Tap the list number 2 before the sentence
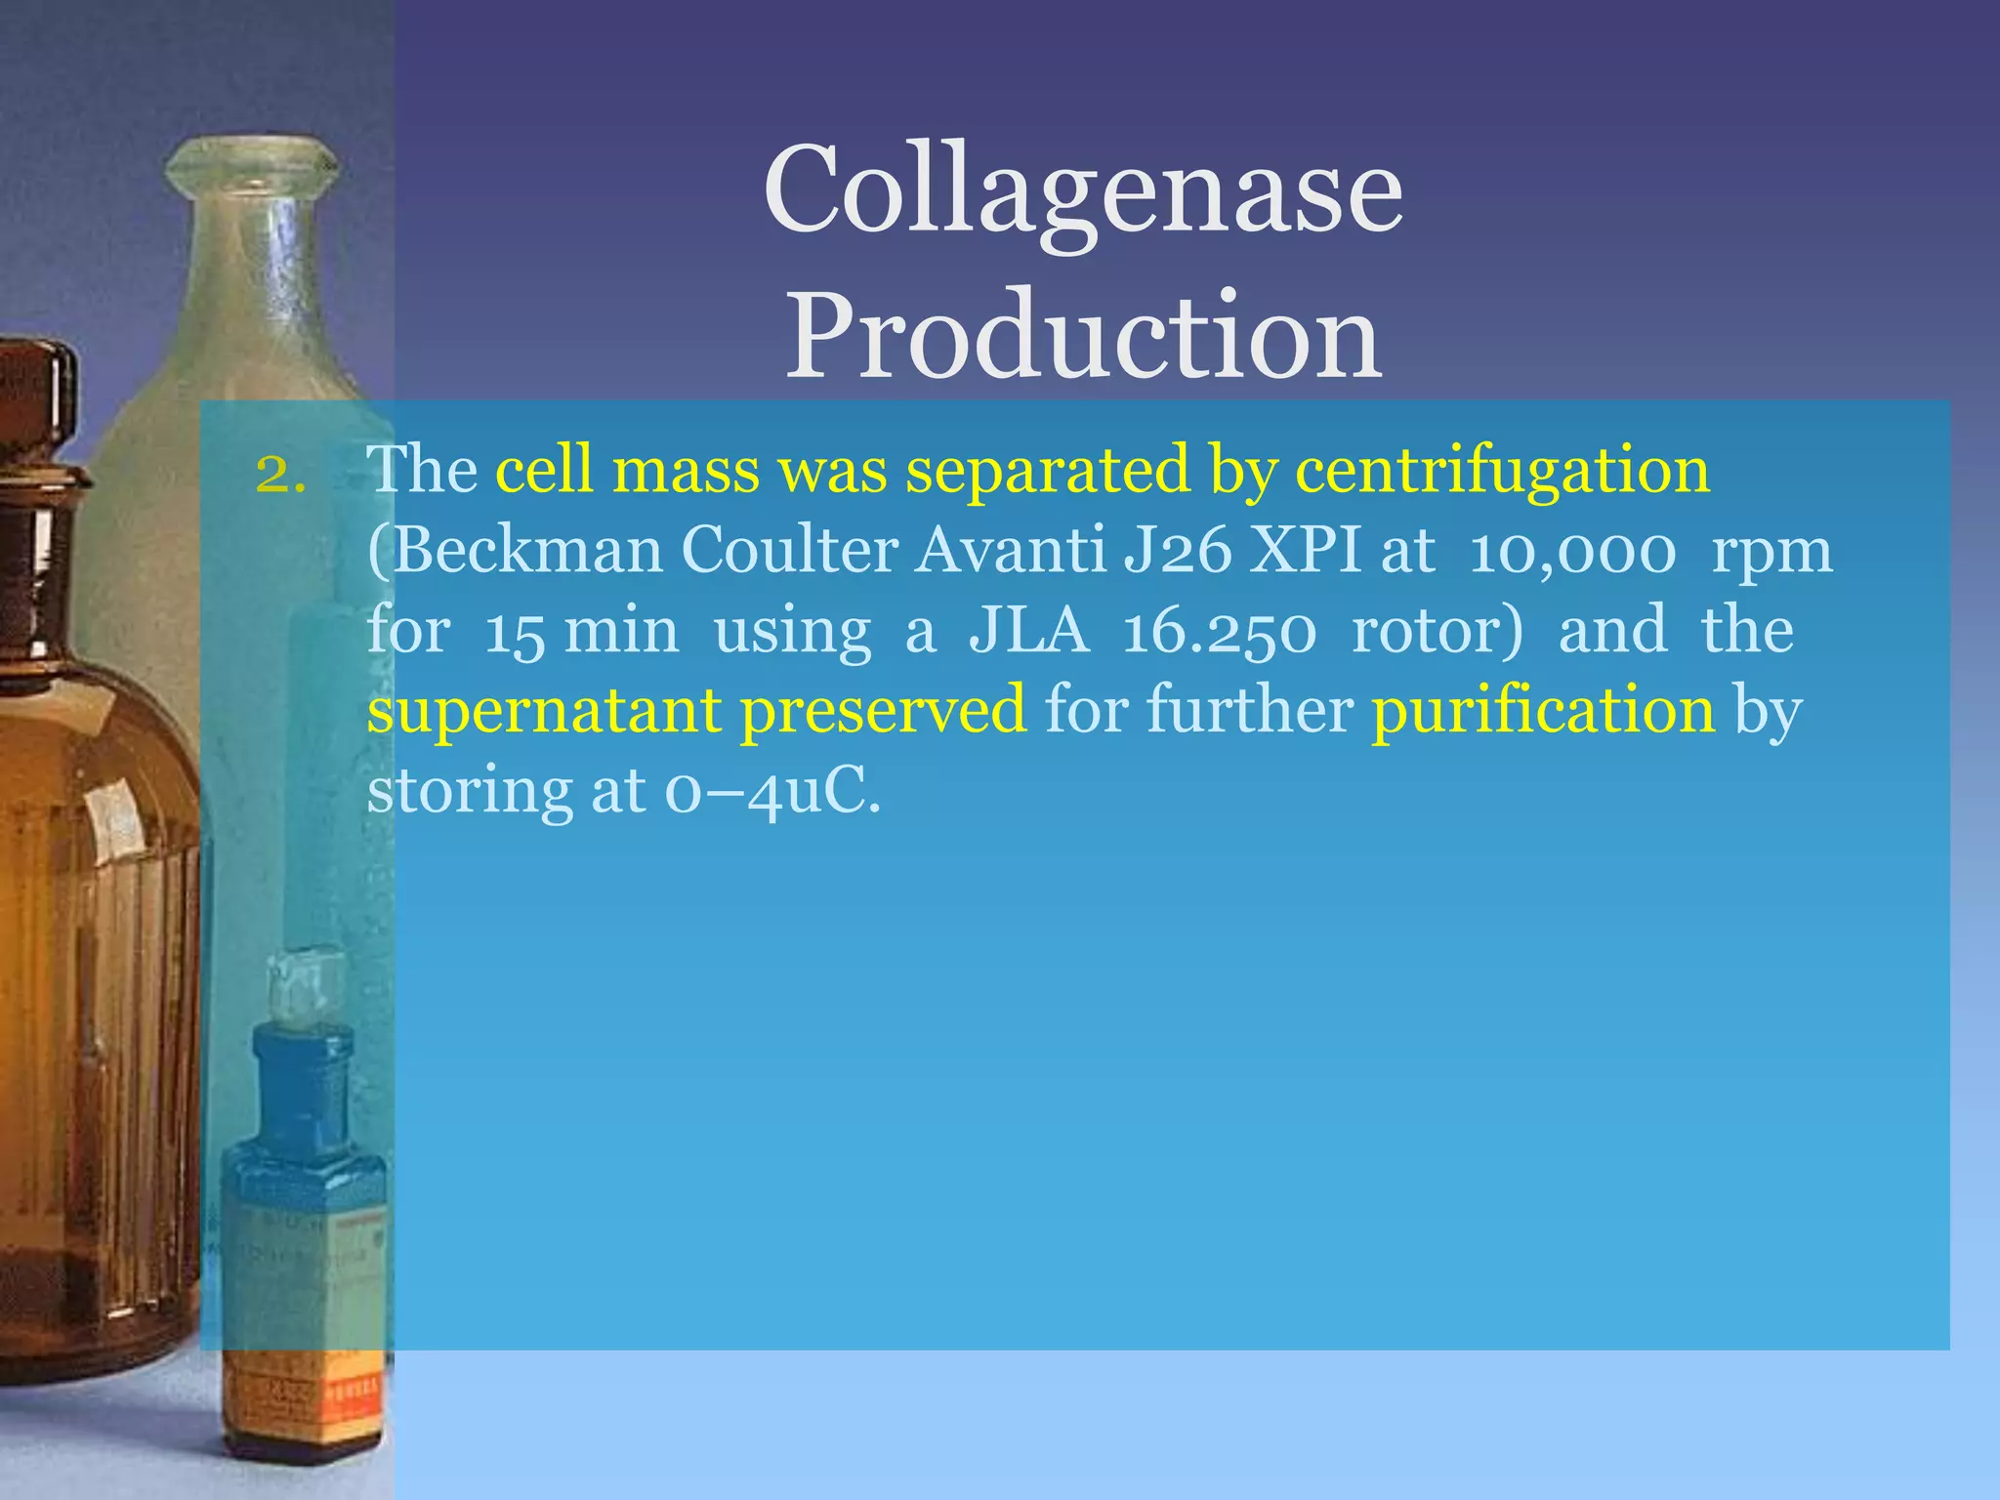[x=279, y=474]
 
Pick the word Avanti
[x=1010, y=551]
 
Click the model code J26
[x=1178, y=552]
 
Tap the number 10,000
[x=1572, y=553]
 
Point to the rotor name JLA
[x=1028, y=631]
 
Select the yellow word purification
[x=1542, y=711]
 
